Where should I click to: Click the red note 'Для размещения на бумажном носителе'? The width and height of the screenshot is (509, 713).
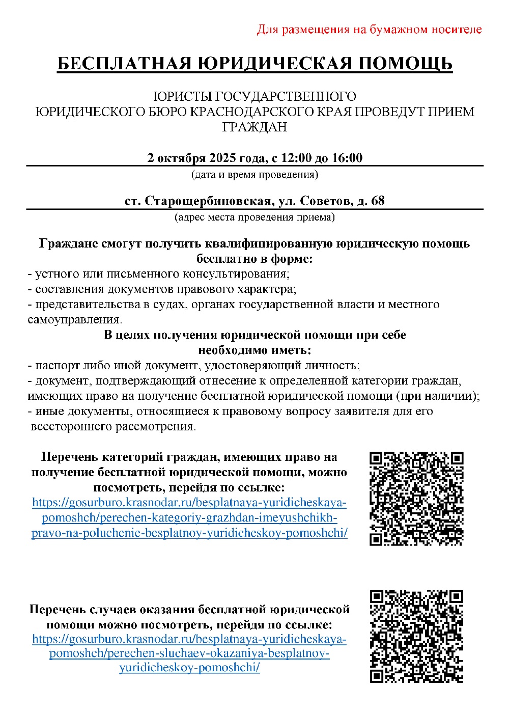click(x=369, y=30)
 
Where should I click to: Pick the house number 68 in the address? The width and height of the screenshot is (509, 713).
click(x=378, y=201)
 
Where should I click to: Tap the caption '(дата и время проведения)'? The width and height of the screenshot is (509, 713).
click(x=254, y=175)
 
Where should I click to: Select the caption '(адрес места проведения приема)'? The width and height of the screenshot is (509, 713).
click(x=254, y=217)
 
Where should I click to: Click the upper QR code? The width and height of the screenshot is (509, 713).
click(x=416, y=498)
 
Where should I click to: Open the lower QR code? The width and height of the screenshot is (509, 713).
click(x=416, y=636)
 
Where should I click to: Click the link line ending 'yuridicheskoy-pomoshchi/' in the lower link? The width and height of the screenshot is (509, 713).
click(x=189, y=668)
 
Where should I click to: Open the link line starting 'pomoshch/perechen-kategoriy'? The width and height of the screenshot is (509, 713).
click(x=189, y=518)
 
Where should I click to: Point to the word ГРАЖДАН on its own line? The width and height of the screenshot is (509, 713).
click(x=254, y=127)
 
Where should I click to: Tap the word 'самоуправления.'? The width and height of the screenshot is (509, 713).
click(x=75, y=320)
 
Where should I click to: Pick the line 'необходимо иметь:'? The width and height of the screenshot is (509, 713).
click(x=254, y=350)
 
